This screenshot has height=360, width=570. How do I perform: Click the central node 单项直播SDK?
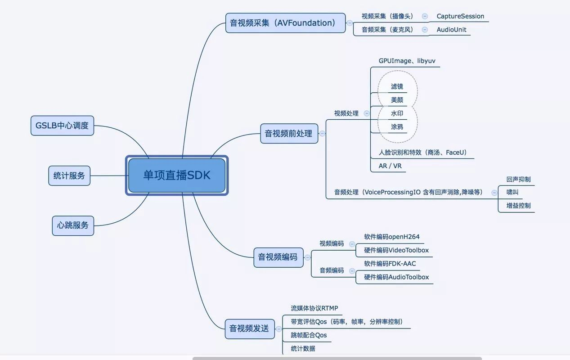[x=177, y=175]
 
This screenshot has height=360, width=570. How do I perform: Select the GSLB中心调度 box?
[x=62, y=126]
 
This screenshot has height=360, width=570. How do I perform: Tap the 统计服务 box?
[x=69, y=175]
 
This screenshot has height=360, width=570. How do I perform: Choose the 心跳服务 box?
[x=73, y=225]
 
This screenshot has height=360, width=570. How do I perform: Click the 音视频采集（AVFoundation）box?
[x=285, y=23]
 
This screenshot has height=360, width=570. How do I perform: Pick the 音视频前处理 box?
[x=289, y=134]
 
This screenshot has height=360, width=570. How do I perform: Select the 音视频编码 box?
[x=278, y=257]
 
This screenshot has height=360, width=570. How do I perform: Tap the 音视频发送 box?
[x=249, y=329]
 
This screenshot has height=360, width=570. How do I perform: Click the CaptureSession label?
[x=460, y=16]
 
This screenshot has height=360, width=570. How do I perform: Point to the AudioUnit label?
[x=451, y=30]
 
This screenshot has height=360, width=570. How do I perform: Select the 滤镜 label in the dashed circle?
[x=397, y=86]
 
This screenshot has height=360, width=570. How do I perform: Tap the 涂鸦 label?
[x=397, y=127]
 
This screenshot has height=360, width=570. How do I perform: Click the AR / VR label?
[x=390, y=166]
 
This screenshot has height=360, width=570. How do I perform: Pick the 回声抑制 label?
[x=518, y=179]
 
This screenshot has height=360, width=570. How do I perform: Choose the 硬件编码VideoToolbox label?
[x=396, y=250]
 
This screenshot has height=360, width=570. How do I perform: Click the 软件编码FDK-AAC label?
[x=390, y=264]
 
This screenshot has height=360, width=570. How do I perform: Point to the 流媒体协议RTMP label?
[x=314, y=308]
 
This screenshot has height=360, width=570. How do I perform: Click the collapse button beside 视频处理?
[x=367, y=113]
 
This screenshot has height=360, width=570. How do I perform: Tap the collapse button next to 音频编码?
[x=352, y=271]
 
